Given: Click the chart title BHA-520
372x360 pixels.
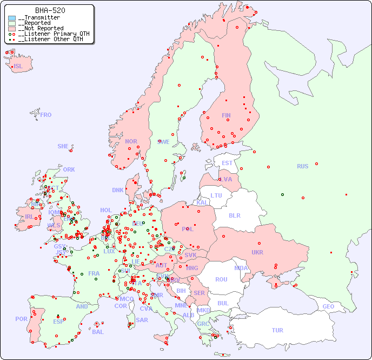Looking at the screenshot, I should coord(50,10).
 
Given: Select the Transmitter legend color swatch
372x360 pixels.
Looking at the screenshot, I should coord(12,18).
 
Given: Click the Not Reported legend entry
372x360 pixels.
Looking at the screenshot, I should coord(41,28).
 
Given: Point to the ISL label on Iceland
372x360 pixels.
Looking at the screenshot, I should coord(18,67).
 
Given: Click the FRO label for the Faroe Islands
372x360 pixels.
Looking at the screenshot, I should coord(46,115).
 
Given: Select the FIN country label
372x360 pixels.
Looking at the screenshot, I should coord(226,115).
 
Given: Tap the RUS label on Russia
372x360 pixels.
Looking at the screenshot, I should coord(302,166).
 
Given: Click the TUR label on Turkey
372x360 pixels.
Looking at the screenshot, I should coord(277,330).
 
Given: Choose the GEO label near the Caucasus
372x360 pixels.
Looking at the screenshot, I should coord(328,306).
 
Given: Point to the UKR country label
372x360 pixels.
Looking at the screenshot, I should coord(257,252).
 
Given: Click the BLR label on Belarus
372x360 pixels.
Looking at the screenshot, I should coord(234,215).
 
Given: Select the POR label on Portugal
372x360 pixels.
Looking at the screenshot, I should coord(21,319).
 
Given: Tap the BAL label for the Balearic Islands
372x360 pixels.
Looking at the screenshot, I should coord(98,332).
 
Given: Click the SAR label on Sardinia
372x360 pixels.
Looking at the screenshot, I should coord(142,320).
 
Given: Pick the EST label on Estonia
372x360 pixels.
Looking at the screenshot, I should coord(227,163).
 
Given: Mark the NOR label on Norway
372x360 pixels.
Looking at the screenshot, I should coord(131,141).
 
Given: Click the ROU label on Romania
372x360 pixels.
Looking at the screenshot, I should coord(221,279).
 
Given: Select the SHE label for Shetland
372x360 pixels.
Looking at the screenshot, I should coord(63,146).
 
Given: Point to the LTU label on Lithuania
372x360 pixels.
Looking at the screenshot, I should coord(216,195).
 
